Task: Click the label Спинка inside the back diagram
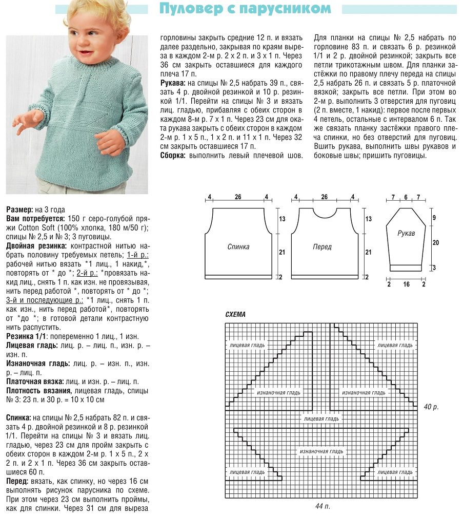point(238,247)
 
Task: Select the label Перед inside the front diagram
point(322,247)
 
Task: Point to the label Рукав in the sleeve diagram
point(406,234)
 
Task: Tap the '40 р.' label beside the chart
point(431,407)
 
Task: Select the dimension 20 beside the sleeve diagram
point(435,242)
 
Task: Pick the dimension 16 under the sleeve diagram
point(406,284)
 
